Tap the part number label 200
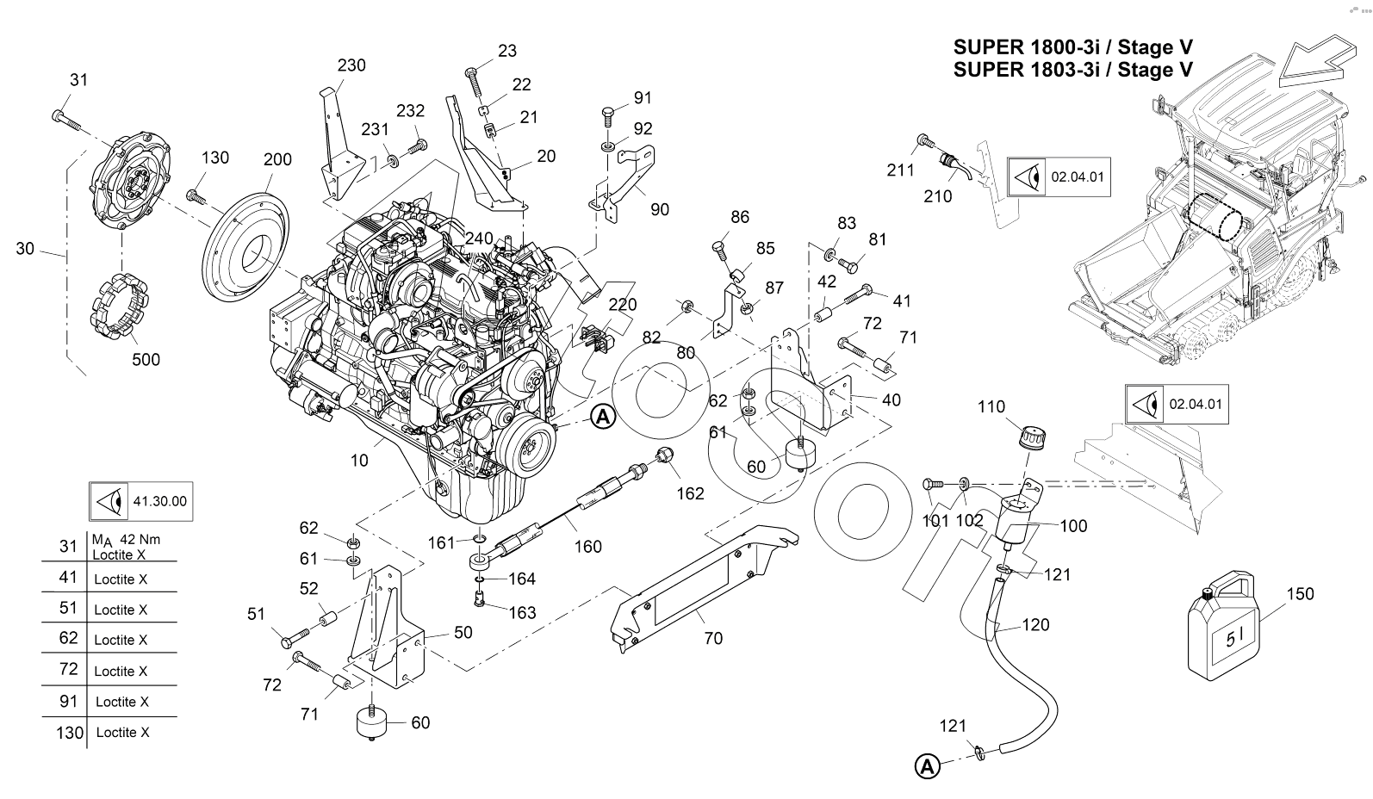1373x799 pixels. pos(277,159)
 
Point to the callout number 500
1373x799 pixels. pos(146,359)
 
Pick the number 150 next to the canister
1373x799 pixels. pos(1300,594)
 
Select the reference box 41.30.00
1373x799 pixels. pos(140,500)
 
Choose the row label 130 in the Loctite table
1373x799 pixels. pos(69,733)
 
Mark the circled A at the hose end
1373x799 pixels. pos(927,765)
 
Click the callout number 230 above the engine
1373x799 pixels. pos(351,65)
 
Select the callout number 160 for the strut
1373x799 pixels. pos(587,546)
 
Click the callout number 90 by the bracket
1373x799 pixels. pos(659,209)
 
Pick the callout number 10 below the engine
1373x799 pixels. pos(359,461)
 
